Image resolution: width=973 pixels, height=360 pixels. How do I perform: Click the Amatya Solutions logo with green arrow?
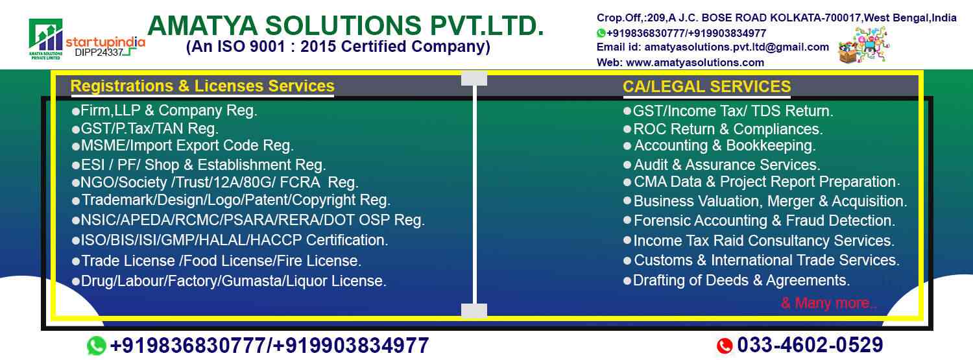tap(46, 39)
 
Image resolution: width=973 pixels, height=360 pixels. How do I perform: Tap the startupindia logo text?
tap(105, 42)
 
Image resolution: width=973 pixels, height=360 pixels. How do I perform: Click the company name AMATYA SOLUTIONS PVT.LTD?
tap(346, 25)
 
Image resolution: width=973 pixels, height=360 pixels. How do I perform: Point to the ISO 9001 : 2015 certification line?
tap(338, 47)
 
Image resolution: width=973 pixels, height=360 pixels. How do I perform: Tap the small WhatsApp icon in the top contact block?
tap(601, 33)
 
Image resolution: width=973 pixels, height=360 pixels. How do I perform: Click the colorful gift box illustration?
tap(863, 45)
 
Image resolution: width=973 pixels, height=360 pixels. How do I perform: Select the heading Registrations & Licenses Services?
tap(202, 86)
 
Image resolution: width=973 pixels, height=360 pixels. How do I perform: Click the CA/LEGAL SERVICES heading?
tap(707, 86)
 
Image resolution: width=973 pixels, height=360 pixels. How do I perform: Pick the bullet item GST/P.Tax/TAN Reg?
tap(145, 128)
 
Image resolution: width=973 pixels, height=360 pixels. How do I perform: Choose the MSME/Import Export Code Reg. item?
tap(183, 145)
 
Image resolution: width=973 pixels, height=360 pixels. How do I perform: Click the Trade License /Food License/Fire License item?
tap(217, 261)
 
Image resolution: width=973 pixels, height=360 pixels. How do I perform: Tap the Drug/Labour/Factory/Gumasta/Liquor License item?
tap(229, 281)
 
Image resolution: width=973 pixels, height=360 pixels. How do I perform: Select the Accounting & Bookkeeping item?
tap(719, 145)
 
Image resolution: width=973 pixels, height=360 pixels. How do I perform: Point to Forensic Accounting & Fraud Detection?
tap(760, 221)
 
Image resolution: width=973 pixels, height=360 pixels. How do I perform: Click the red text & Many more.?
tap(829, 303)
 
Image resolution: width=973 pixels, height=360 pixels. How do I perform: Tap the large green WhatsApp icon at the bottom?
tap(97, 346)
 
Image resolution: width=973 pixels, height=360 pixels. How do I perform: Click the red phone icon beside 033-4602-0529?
tap(724, 346)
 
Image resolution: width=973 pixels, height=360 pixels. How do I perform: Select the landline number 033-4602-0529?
tap(810, 345)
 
